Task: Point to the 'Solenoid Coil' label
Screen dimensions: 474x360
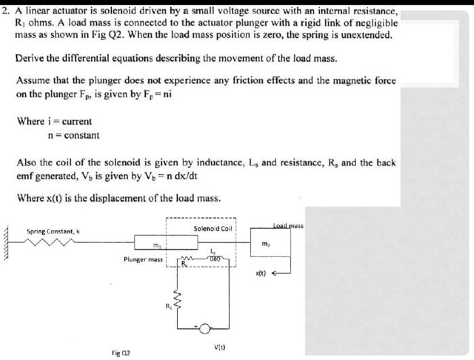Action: point(213,228)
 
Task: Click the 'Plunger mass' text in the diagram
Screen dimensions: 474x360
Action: point(141,259)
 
